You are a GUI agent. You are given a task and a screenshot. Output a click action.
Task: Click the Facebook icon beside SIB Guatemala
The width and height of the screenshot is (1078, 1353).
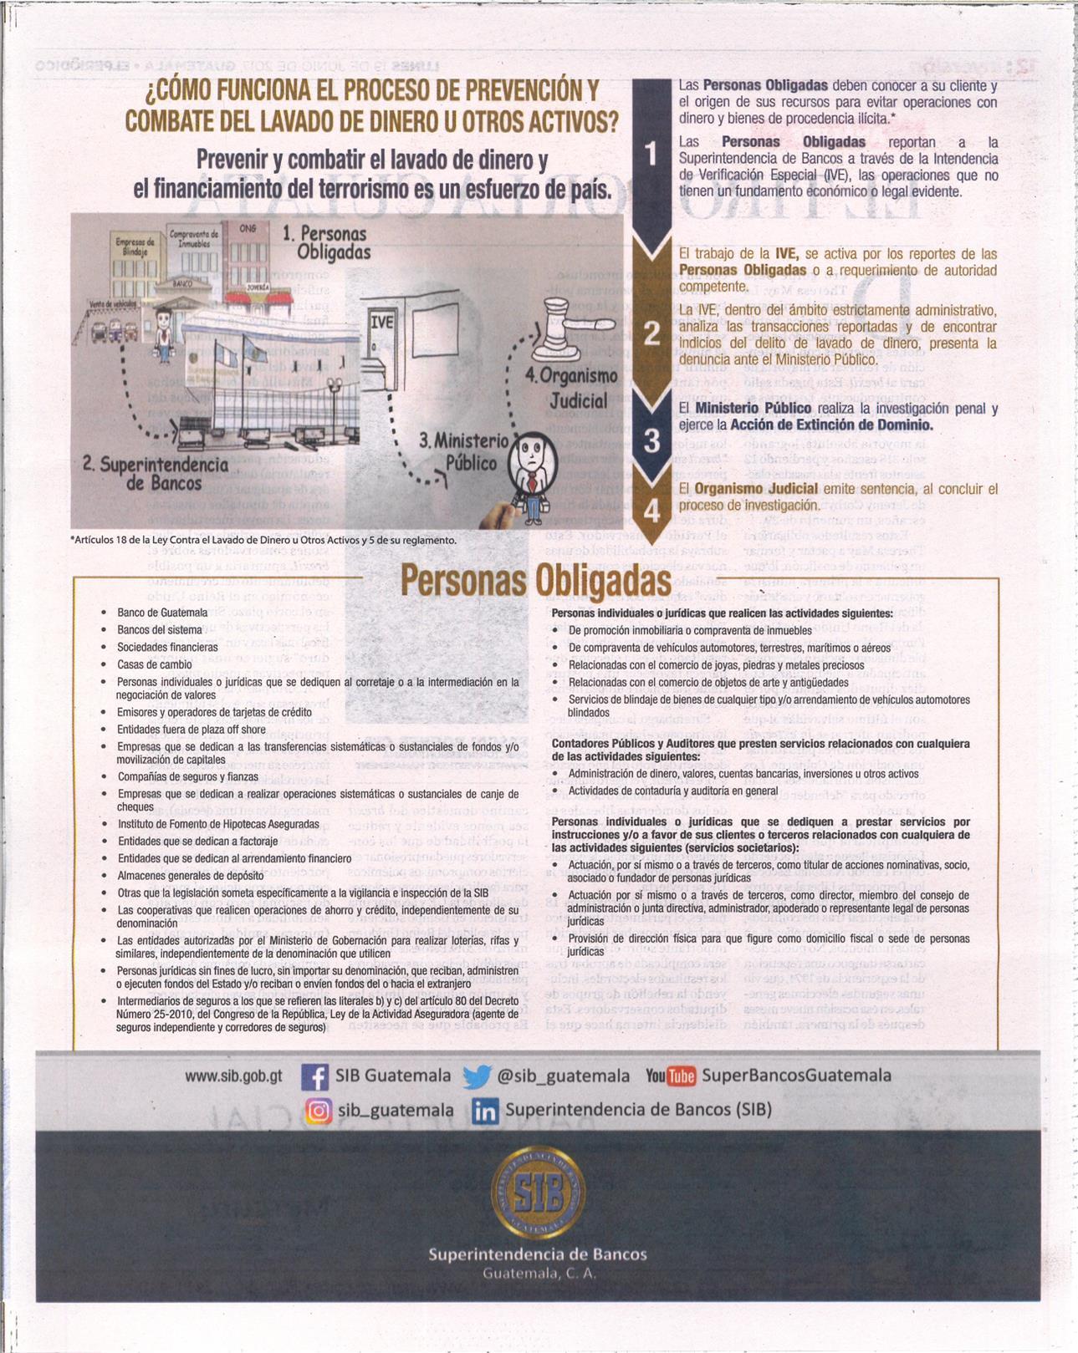point(314,1076)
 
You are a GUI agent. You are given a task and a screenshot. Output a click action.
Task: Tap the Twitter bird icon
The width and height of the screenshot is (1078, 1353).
point(477,1076)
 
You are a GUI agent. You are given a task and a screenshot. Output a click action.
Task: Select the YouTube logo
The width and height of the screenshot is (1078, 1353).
point(671,1076)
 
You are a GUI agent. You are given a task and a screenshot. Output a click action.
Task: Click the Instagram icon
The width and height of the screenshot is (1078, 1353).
point(319,1111)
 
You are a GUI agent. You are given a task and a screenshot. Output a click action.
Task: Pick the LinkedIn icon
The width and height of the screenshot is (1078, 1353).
point(485,1111)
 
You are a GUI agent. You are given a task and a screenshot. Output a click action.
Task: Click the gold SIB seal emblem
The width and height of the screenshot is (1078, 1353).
point(538,1193)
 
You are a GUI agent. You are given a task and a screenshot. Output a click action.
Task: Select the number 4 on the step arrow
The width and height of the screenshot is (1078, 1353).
point(651,510)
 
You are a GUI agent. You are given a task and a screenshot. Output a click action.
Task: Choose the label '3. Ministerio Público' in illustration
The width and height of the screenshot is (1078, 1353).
point(463,452)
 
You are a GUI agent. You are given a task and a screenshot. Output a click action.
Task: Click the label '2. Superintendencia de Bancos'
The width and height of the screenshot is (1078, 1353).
point(156,474)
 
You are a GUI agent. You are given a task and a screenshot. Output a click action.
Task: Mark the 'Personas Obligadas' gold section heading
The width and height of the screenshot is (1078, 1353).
point(535,580)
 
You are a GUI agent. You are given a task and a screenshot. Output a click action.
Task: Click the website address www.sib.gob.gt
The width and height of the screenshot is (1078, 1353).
point(233,1076)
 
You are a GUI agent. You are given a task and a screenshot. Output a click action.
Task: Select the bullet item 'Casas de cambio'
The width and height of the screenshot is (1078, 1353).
point(155,665)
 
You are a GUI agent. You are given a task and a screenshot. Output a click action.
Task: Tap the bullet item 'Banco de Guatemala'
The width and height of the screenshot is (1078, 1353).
point(162,613)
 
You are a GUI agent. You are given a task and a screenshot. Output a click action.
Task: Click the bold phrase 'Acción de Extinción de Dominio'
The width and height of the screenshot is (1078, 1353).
point(831,425)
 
